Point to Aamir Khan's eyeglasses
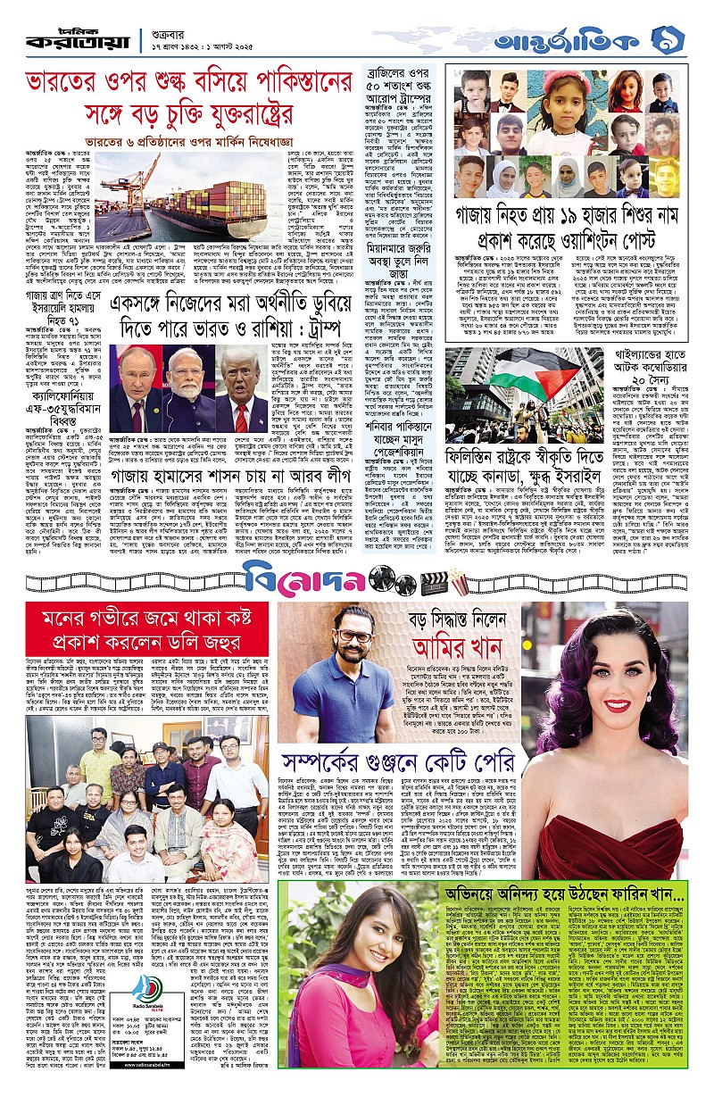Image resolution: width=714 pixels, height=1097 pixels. click(x=356, y=636)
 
